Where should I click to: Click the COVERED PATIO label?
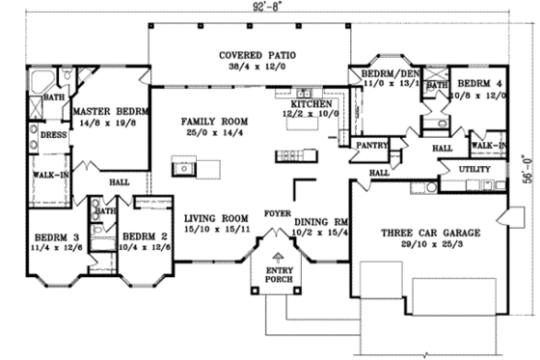[x=249, y=55]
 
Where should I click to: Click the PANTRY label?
[x=370, y=146]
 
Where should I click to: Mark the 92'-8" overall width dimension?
[x=270, y=6]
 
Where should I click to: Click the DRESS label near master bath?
[x=53, y=135]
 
